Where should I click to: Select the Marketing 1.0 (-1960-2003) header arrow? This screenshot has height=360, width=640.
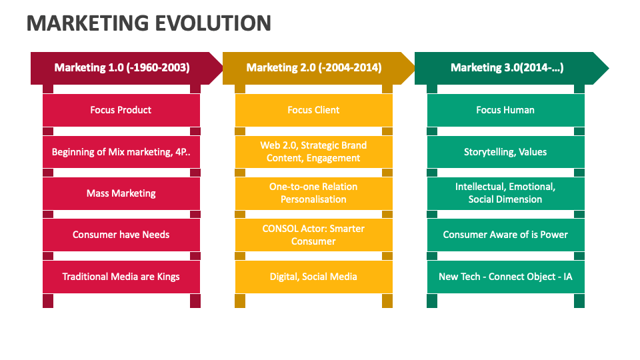point(122,68)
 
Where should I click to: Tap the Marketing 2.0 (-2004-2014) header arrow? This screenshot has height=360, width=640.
point(314,68)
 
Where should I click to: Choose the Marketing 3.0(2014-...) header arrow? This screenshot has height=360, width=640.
point(507,68)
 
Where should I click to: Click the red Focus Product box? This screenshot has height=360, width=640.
point(121,110)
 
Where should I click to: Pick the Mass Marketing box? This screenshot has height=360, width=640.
point(121,193)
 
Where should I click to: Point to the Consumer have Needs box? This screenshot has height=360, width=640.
point(121,235)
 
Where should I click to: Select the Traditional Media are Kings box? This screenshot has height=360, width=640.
point(121,277)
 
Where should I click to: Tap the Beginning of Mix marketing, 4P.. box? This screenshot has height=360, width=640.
point(121,152)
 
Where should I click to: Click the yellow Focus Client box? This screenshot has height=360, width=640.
point(313,110)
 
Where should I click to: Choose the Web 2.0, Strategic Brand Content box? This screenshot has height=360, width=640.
point(313,152)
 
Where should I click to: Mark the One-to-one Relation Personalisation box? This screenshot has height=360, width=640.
point(313,193)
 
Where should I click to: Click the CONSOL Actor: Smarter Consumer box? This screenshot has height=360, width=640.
point(313,235)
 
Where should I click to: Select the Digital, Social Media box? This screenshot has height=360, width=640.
point(313,277)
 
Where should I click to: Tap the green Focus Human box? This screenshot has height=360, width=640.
point(505,110)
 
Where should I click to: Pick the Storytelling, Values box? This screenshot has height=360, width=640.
point(505,152)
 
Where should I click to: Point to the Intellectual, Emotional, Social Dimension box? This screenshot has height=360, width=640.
point(505,193)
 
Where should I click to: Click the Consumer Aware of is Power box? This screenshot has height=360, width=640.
point(505,235)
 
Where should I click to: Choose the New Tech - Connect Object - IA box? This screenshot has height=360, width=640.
point(505,277)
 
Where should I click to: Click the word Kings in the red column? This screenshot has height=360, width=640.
point(167,277)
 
